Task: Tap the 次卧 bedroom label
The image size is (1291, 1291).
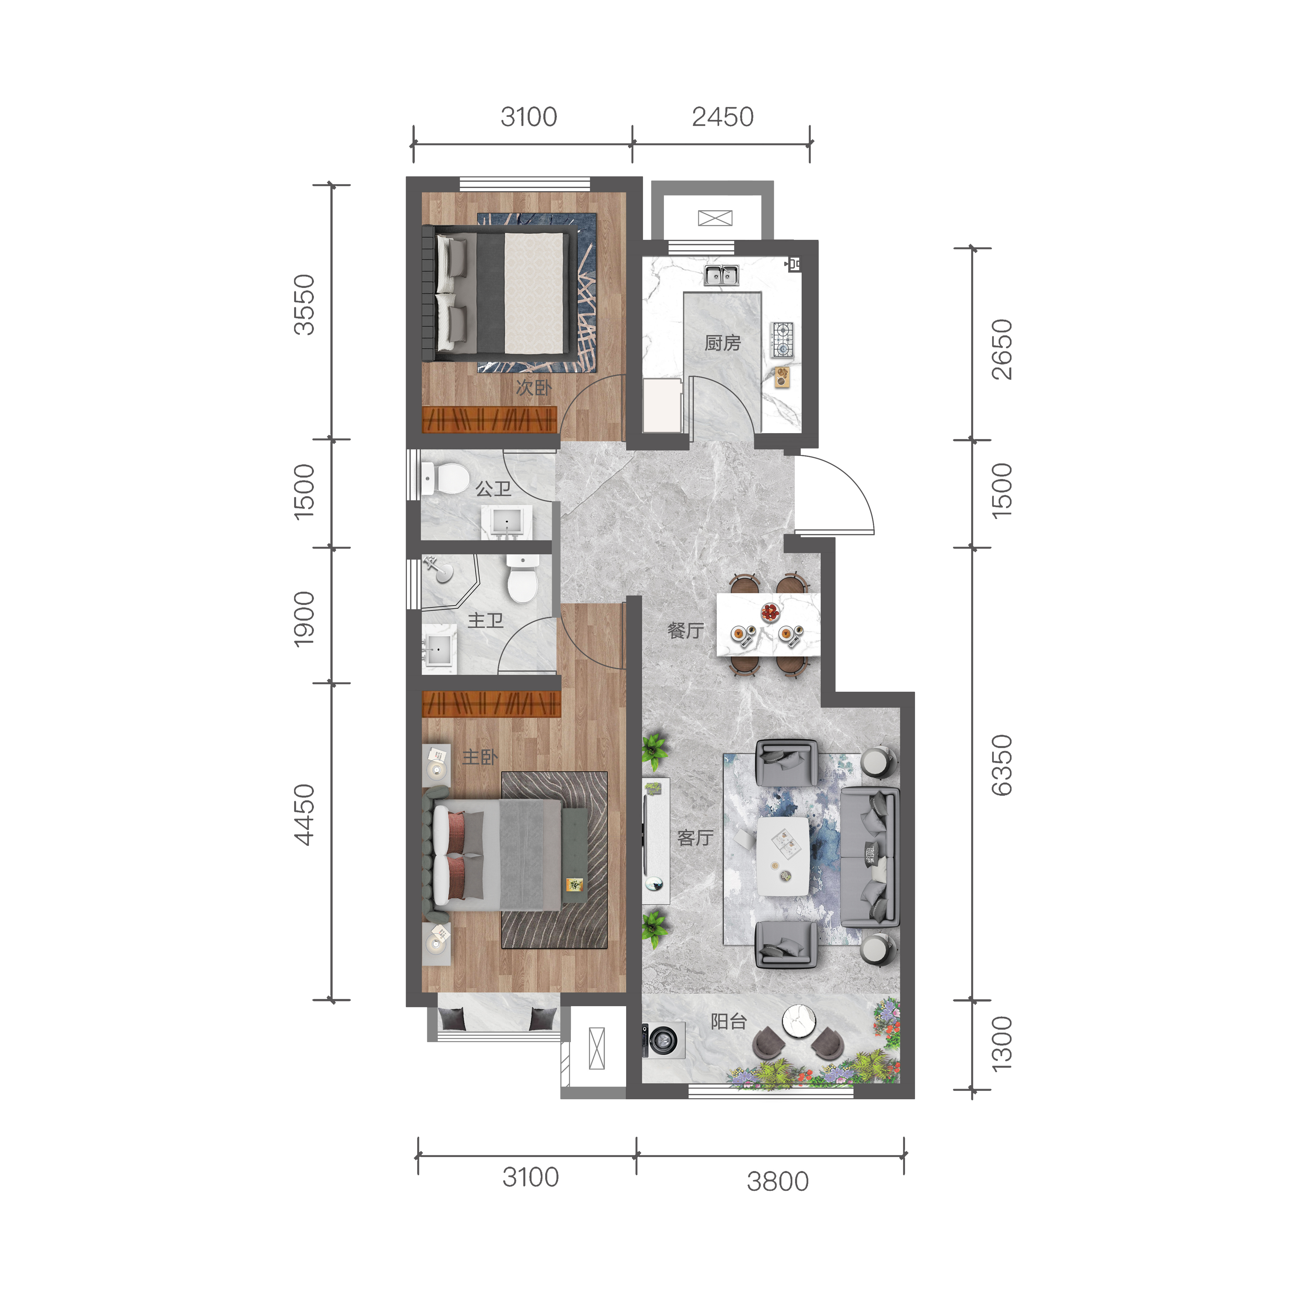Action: pos(533,388)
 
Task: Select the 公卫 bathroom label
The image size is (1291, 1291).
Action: pos(493,489)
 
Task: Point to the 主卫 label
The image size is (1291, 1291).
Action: pos(485,621)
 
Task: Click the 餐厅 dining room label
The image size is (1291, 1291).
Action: pos(685,630)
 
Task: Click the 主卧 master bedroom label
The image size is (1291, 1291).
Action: pos(480,757)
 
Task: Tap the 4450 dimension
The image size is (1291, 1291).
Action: pos(304,814)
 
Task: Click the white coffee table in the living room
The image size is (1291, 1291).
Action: pos(783,857)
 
